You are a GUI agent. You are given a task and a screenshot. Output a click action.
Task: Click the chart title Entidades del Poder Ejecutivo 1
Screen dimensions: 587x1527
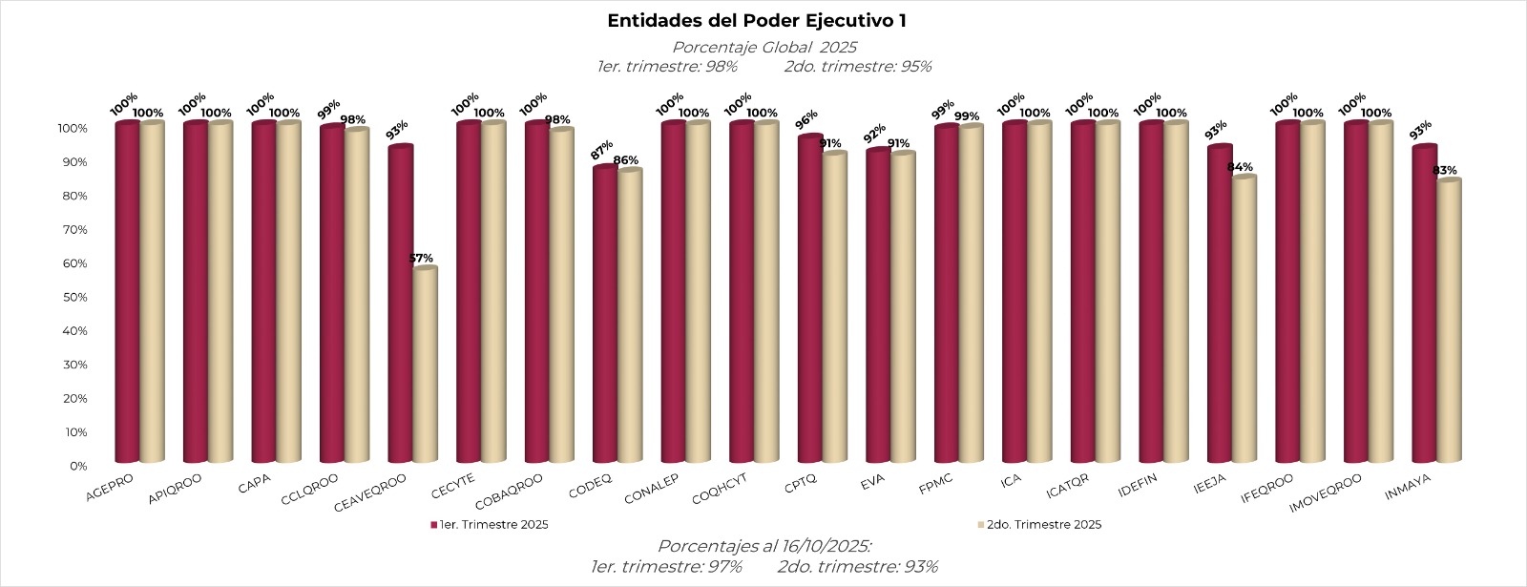pyautogui.click(x=757, y=21)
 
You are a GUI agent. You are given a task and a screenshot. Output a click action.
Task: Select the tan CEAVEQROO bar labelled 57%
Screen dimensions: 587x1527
pyautogui.click(x=425, y=367)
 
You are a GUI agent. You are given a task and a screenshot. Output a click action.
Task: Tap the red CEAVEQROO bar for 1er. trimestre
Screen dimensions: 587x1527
pyautogui.click(x=400, y=305)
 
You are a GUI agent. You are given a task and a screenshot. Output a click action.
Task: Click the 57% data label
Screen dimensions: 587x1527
pyautogui.click(x=421, y=258)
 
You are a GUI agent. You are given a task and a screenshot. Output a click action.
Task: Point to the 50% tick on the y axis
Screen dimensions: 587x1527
pyautogui.click(x=75, y=297)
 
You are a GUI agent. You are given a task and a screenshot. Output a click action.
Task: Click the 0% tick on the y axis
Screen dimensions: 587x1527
pyautogui.click(x=78, y=466)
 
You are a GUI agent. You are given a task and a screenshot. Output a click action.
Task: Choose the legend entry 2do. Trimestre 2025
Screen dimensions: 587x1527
pyautogui.click(x=1043, y=524)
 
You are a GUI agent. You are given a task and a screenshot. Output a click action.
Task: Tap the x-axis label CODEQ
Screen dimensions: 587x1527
pyautogui.click(x=590, y=485)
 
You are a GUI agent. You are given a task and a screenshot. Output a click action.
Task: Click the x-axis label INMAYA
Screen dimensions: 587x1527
pyautogui.click(x=1408, y=488)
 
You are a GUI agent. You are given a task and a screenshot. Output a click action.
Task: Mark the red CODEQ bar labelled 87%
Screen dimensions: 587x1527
pyautogui.click(x=605, y=315)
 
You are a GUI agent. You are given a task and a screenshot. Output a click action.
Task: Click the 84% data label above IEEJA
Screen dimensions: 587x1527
pyautogui.click(x=1240, y=167)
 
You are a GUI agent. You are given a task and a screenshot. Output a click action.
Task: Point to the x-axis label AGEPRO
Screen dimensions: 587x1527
pyautogui.click(x=110, y=486)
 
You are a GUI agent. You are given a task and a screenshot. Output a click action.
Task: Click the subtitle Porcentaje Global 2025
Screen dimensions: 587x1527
pyautogui.click(x=763, y=47)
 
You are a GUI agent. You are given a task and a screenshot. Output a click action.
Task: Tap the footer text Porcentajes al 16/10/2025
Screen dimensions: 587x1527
pyautogui.click(x=763, y=546)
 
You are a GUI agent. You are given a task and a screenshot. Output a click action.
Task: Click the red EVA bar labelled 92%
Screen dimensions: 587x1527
pyautogui.click(x=878, y=305)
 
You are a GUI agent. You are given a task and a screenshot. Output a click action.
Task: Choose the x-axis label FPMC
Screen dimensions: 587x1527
pyautogui.click(x=935, y=483)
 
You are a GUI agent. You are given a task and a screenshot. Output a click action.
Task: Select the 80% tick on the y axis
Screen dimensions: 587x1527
pyautogui.click(x=75, y=196)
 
